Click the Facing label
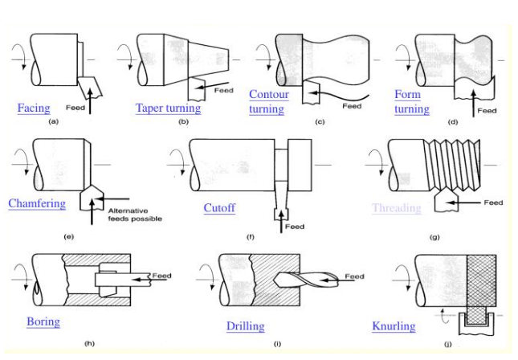click(34, 108)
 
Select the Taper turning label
click(168, 108)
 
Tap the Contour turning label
click(268, 101)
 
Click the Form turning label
click(411, 101)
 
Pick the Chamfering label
click(37, 203)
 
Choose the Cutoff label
click(219, 208)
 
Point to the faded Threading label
click(396, 208)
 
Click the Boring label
click(43, 321)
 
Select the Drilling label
click(245, 326)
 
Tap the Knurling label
click(394, 326)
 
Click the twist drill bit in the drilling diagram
click(296, 279)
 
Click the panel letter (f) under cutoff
click(250, 239)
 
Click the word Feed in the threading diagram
click(493, 202)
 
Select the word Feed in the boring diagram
click(161, 276)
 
